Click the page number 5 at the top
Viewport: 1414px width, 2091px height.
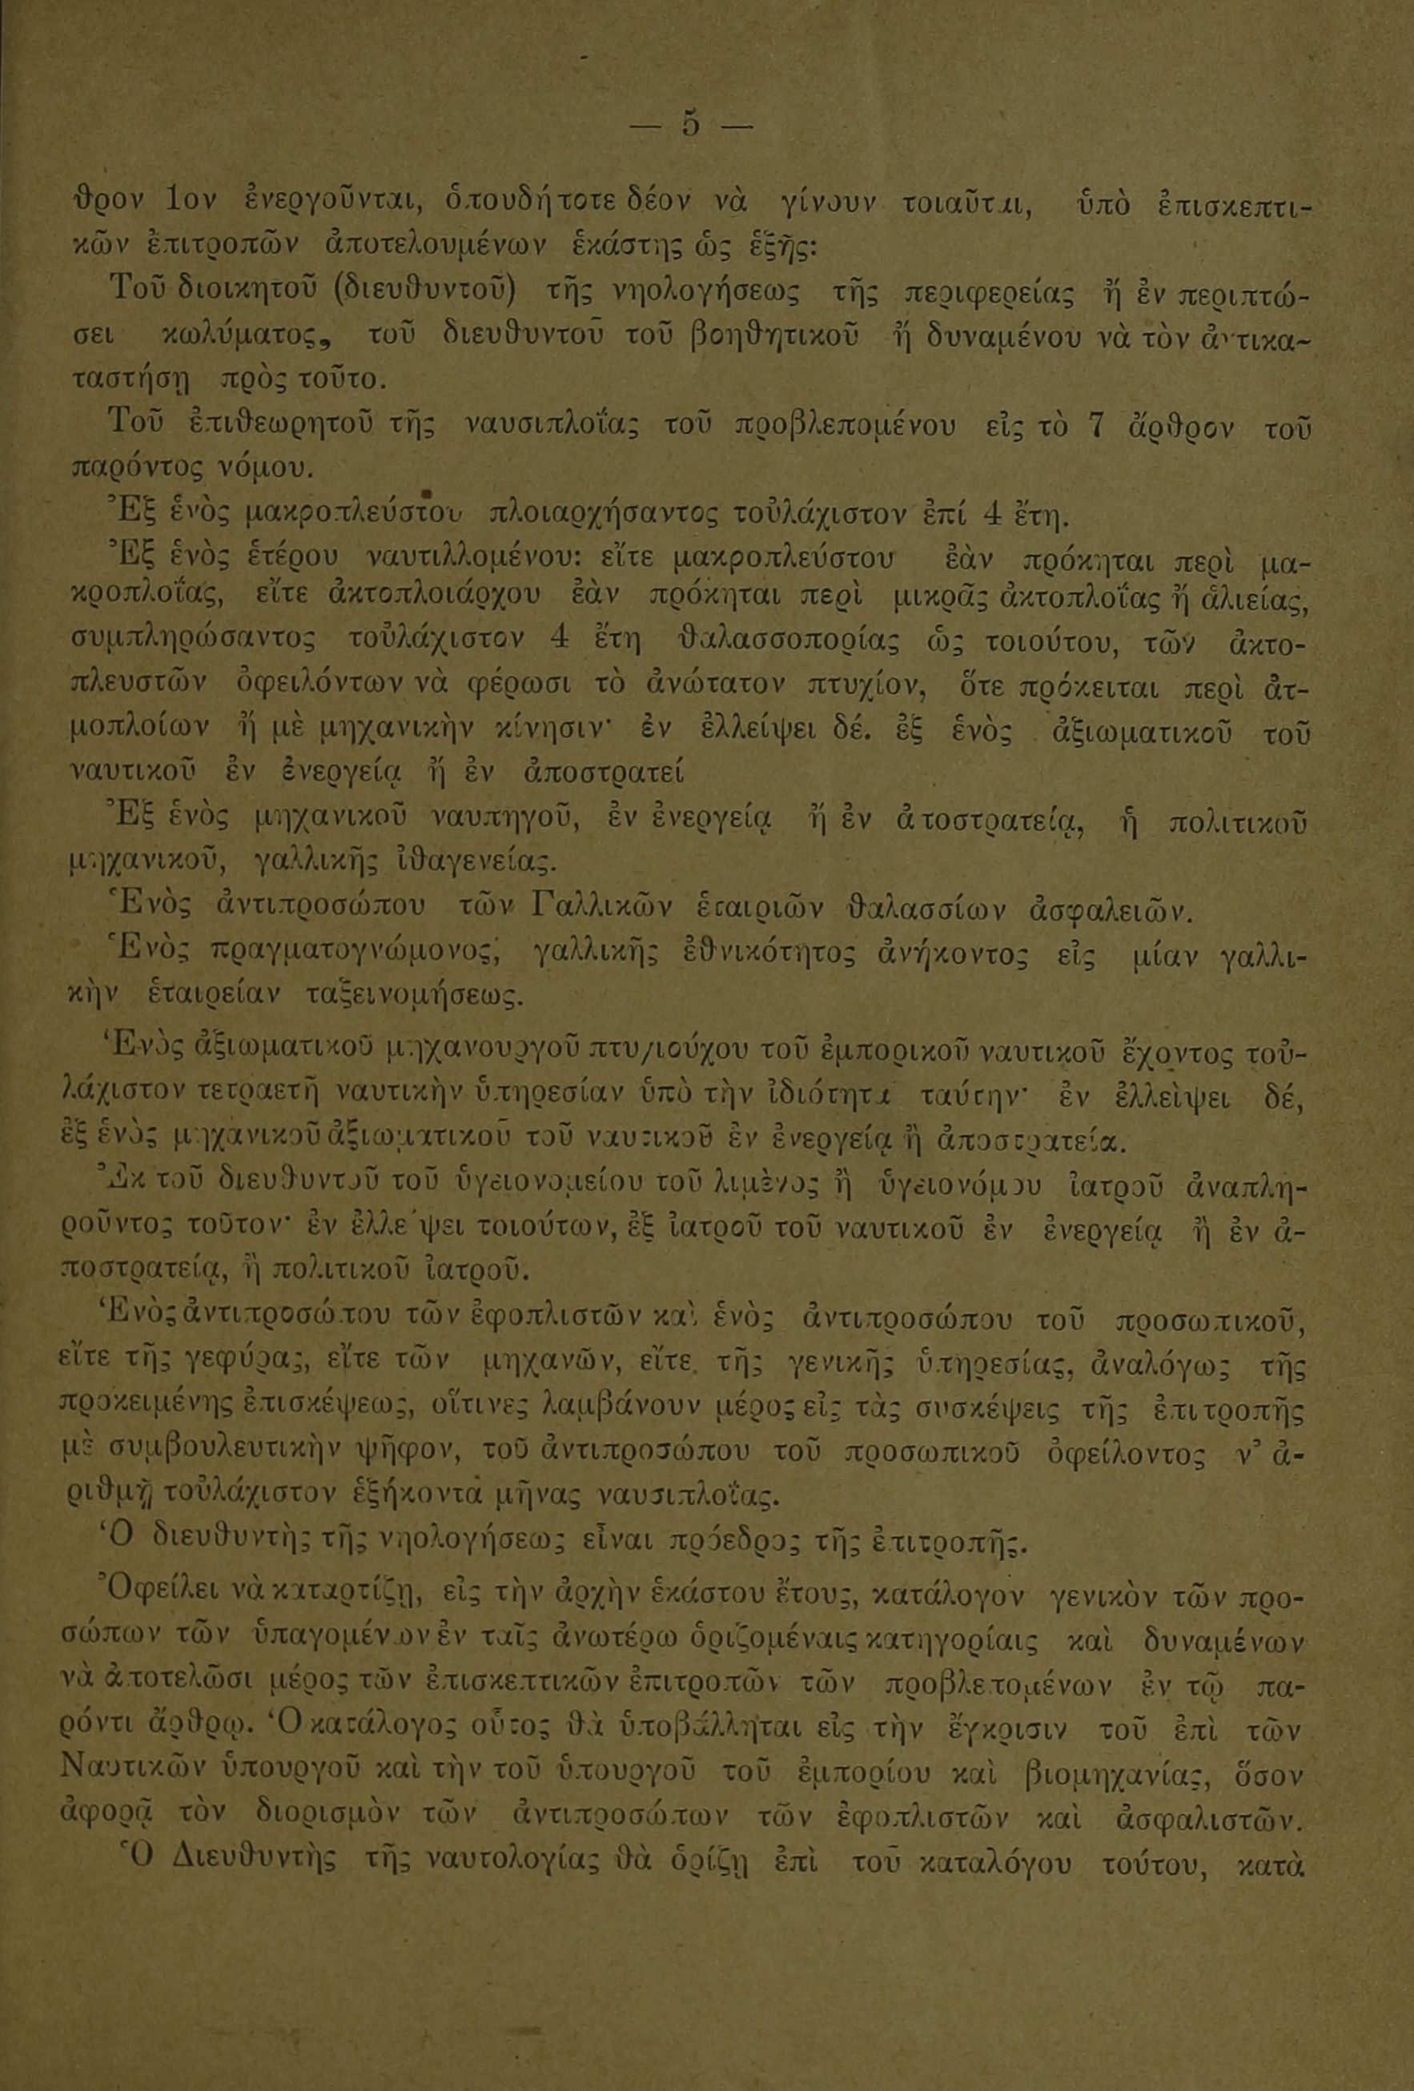click(691, 122)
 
